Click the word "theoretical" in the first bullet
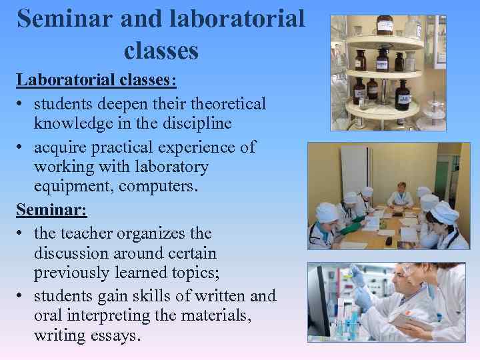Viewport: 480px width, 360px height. point(227,104)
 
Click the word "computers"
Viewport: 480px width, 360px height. point(157,187)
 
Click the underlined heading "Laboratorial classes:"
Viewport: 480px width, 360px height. point(96,80)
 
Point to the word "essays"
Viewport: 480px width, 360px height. point(114,335)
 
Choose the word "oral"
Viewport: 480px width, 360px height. point(47,315)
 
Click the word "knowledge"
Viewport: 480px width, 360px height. point(75,124)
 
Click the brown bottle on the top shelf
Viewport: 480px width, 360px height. point(385,25)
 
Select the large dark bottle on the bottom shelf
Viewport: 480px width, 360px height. point(402,95)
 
